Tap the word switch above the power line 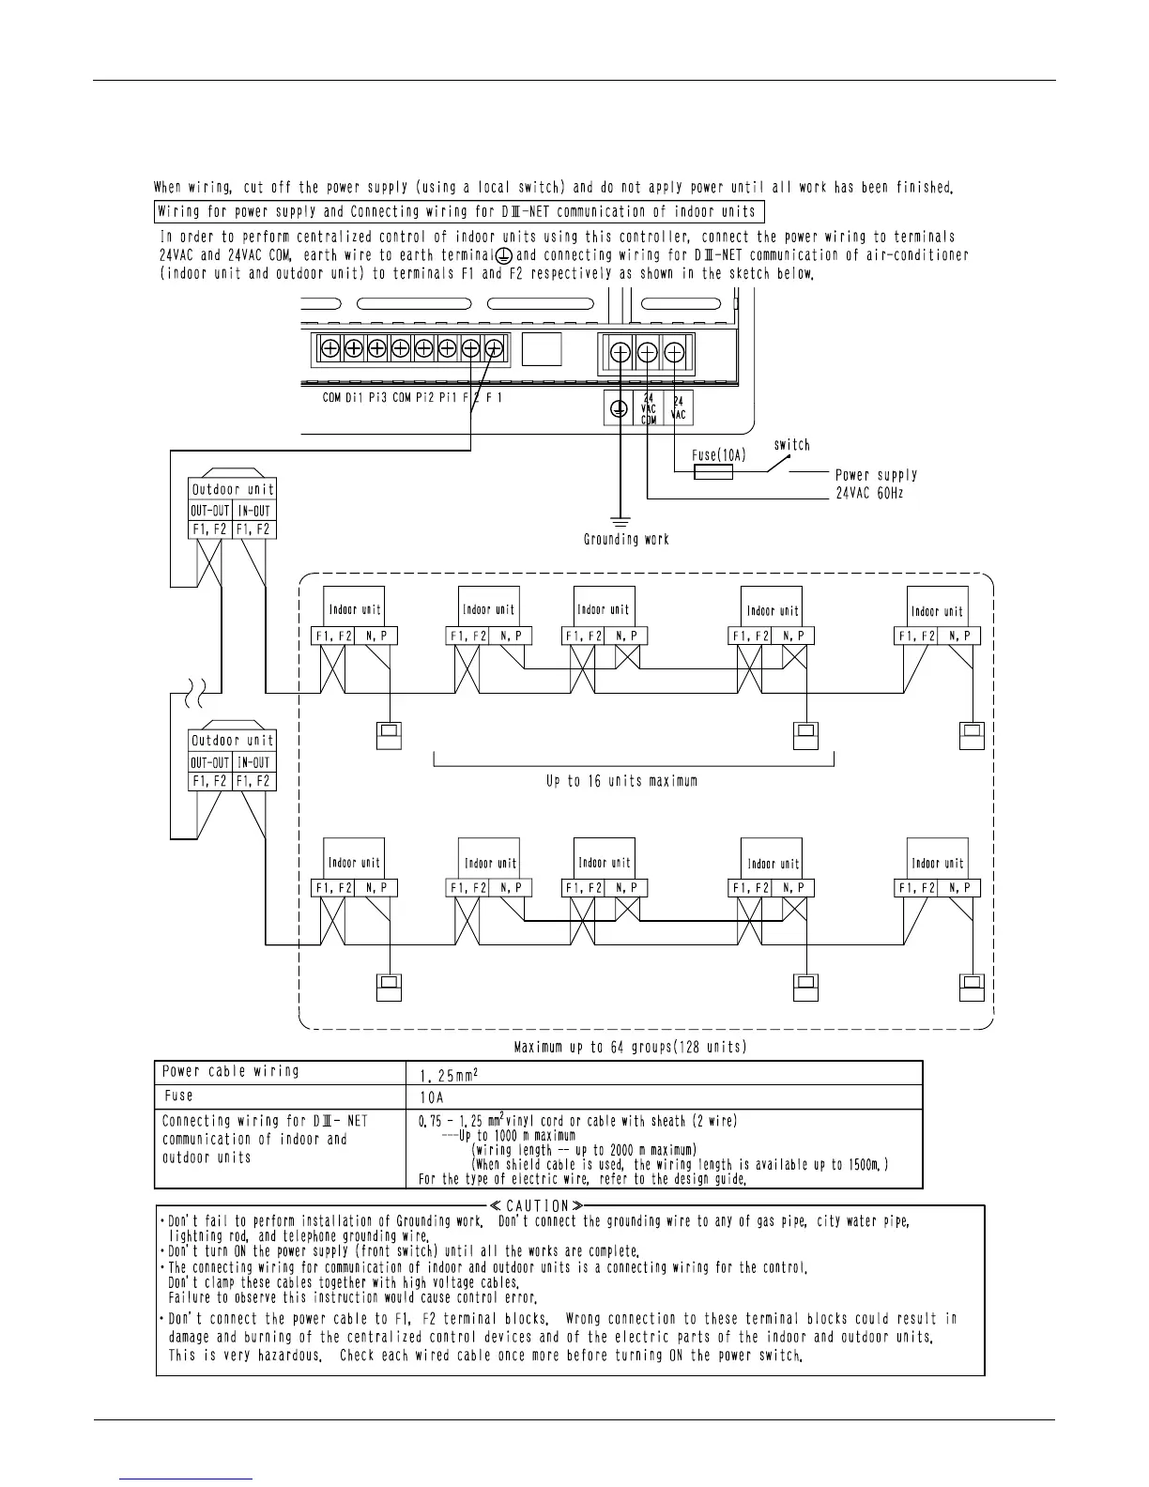791,445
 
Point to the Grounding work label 626,540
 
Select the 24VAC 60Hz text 869,493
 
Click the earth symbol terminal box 619,408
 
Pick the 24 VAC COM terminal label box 648,408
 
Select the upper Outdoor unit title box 233,489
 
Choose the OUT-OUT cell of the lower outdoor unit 210,763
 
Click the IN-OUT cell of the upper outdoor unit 254,512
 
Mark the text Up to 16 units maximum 622,781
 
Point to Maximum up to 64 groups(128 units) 631,1047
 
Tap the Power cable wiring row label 231,1071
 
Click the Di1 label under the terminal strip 354,398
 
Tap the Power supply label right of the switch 876,475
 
